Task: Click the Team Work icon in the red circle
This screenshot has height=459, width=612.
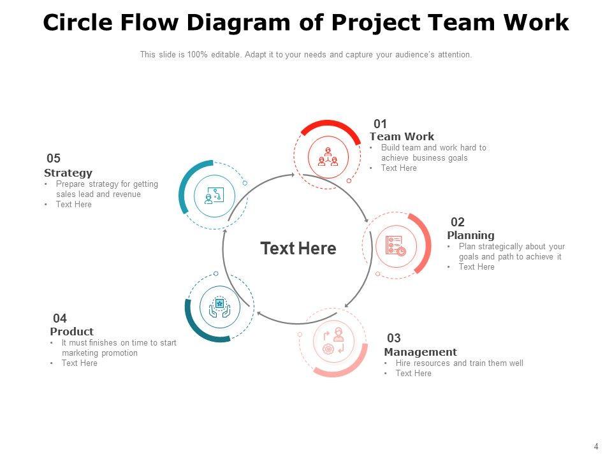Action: point(328,157)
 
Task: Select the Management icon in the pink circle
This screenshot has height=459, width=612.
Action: point(334,342)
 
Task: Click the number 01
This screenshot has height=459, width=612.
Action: point(381,124)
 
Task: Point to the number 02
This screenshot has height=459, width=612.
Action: point(458,222)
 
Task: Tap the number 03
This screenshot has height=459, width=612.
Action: point(394,339)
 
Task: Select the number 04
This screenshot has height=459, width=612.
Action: point(60,318)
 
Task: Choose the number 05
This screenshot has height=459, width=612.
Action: point(54,159)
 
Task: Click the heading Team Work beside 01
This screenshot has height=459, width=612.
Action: point(402,136)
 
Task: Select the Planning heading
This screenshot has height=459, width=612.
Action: point(470,235)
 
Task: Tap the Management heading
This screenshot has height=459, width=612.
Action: point(420,352)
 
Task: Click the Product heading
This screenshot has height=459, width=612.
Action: point(71,331)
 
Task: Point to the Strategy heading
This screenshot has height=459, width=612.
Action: point(68,173)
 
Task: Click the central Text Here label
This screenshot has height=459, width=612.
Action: point(298,249)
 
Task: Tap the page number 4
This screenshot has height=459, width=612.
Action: point(596,447)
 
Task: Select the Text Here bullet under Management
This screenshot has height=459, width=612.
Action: point(413,374)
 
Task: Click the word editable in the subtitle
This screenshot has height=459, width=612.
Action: point(227,55)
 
